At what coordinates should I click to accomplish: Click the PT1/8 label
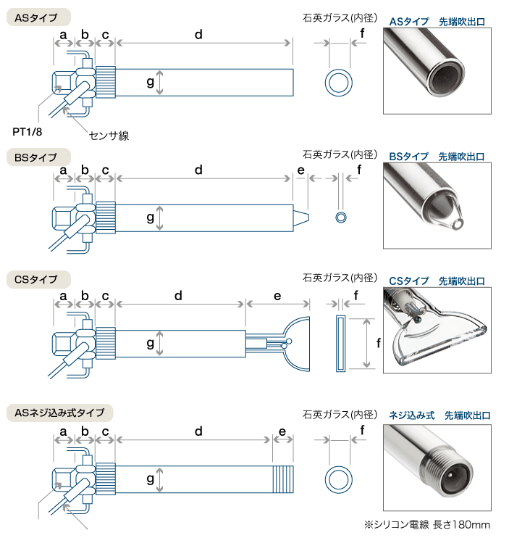tap(27, 132)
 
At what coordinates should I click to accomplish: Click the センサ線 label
tap(109, 136)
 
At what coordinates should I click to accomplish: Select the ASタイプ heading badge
tap(38, 17)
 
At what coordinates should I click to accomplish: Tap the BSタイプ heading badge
tap(38, 157)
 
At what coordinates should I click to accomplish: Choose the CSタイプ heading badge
tap(38, 279)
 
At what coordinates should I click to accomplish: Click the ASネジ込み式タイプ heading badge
tap(59, 413)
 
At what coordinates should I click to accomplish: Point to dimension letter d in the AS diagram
tap(198, 34)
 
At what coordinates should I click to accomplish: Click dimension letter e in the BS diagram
tap(300, 170)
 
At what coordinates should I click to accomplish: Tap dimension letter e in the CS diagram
tap(277, 297)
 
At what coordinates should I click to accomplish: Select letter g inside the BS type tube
tap(150, 218)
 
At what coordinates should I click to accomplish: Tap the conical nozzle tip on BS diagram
tap(301, 218)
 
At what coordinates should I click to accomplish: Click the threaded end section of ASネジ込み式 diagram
tap(283, 479)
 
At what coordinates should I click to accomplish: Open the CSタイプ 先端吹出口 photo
tap(437, 330)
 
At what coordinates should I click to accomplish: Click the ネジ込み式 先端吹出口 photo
tap(437, 468)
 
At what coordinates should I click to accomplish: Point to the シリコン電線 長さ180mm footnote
tap(427, 525)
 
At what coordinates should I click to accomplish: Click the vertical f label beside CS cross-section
tap(378, 343)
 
